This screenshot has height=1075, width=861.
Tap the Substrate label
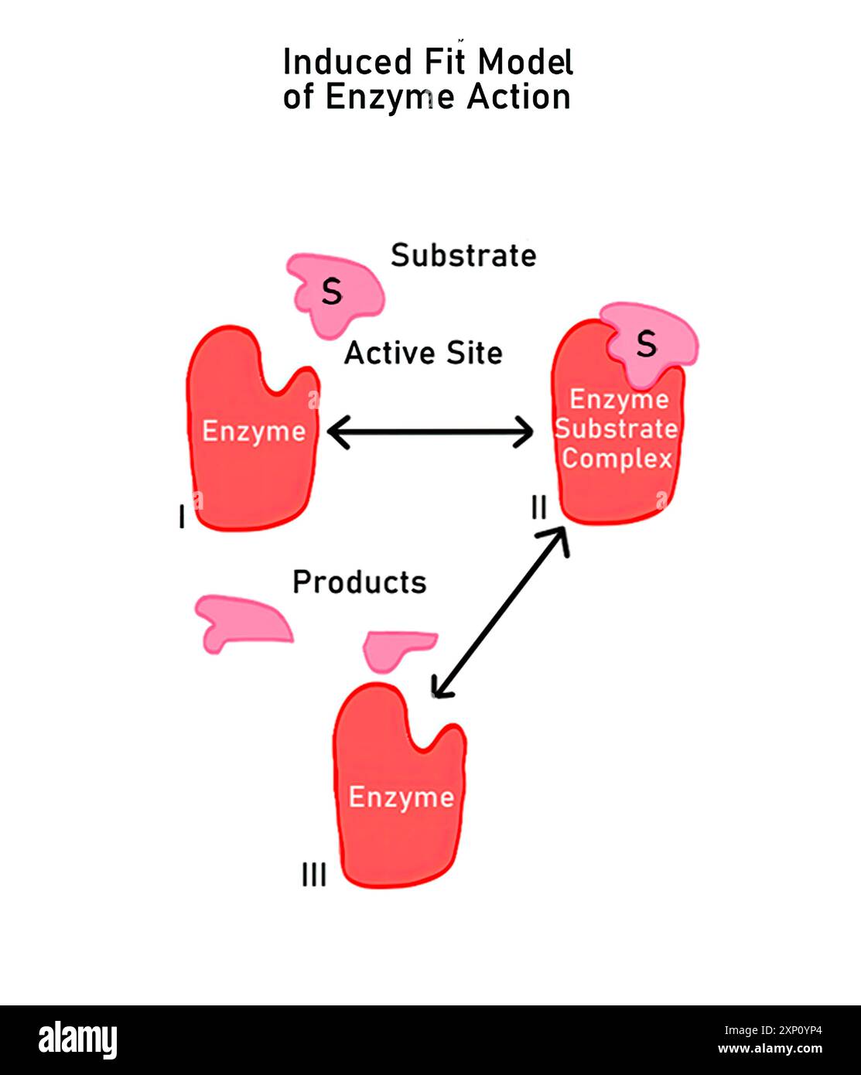pos(463,255)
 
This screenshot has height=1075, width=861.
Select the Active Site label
pos(423,353)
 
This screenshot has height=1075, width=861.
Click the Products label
pos(360,582)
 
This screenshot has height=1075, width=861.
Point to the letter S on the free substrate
pos(332,292)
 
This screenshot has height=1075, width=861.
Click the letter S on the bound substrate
pos(647,343)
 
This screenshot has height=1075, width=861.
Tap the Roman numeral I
pos(182,517)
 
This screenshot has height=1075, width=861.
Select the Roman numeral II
pos(539,507)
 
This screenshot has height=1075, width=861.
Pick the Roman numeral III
pos(314,875)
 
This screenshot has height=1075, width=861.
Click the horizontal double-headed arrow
pos(430,432)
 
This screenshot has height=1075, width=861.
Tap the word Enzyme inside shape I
pos(254,431)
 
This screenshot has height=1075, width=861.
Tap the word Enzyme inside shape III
pos(401,797)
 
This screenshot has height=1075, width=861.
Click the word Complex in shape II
pos(617,458)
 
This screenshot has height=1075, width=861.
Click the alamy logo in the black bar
pos(77,1040)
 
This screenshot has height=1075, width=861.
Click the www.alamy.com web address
pos(770,1049)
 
